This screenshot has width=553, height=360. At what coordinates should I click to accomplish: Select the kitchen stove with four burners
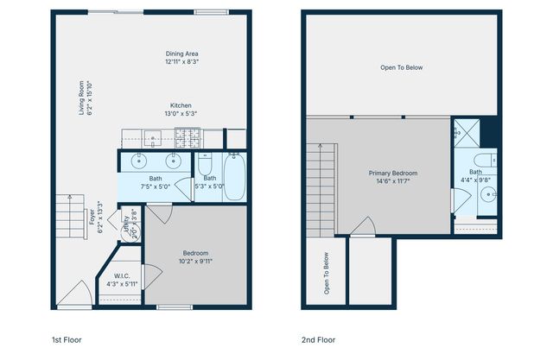188,136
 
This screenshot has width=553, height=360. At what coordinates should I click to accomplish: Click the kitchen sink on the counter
152,136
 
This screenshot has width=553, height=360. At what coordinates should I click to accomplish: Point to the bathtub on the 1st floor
233,176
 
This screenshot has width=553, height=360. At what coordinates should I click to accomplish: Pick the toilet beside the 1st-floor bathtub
206,163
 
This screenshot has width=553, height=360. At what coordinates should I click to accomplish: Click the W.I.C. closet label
122,280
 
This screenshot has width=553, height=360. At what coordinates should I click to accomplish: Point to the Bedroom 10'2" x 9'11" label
195,256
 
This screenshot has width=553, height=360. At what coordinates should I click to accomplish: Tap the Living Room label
85,96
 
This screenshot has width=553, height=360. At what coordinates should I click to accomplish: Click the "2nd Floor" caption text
318,340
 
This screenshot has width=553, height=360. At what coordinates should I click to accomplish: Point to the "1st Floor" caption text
67,340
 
